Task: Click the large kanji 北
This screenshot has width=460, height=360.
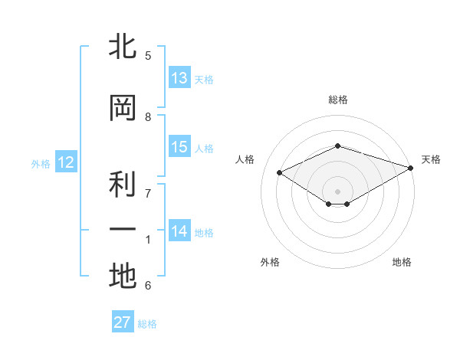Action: click(x=123, y=45)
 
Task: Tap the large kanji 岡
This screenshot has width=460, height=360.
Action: click(x=123, y=108)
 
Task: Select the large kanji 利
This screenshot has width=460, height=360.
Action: click(x=123, y=184)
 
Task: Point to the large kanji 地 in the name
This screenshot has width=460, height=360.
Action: click(x=123, y=276)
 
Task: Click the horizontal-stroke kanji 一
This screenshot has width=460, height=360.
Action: click(x=123, y=229)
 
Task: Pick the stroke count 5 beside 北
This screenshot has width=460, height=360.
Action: click(x=148, y=55)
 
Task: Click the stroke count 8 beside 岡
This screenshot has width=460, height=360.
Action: click(x=148, y=117)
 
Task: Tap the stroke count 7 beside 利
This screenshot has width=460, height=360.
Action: click(x=148, y=194)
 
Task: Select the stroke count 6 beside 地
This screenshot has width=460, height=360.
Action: click(x=148, y=285)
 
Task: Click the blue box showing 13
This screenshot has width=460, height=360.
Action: click(x=179, y=77)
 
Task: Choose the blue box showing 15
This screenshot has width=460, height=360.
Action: click(x=179, y=146)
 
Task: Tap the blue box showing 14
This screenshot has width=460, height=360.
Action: click(x=179, y=230)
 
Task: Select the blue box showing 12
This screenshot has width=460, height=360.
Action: click(x=66, y=162)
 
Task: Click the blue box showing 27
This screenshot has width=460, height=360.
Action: click(x=123, y=321)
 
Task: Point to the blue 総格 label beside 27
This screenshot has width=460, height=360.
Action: click(x=147, y=324)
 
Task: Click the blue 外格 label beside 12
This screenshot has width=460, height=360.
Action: click(x=41, y=164)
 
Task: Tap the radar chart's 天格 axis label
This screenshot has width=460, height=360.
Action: click(x=431, y=159)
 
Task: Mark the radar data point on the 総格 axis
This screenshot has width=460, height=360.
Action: click(x=337, y=146)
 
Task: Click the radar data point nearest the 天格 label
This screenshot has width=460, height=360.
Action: click(x=410, y=168)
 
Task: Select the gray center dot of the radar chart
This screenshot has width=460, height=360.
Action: click(x=337, y=191)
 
